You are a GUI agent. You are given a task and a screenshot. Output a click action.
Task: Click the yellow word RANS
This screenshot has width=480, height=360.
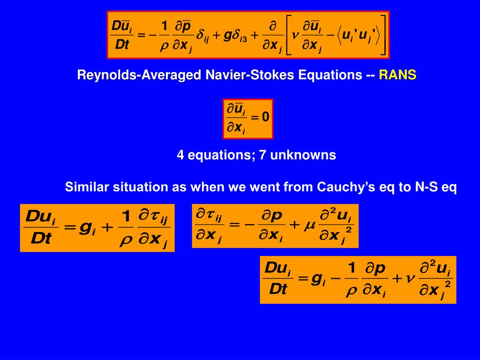click(x=397, y=75)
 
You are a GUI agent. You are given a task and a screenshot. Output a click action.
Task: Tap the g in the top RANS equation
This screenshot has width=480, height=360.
click(x=226, y=36)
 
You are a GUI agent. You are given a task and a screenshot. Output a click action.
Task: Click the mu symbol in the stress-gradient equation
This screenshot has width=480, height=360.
click(x=309, y=225)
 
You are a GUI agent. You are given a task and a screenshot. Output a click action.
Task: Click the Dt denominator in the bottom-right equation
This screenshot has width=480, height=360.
click(x=277, y=290)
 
